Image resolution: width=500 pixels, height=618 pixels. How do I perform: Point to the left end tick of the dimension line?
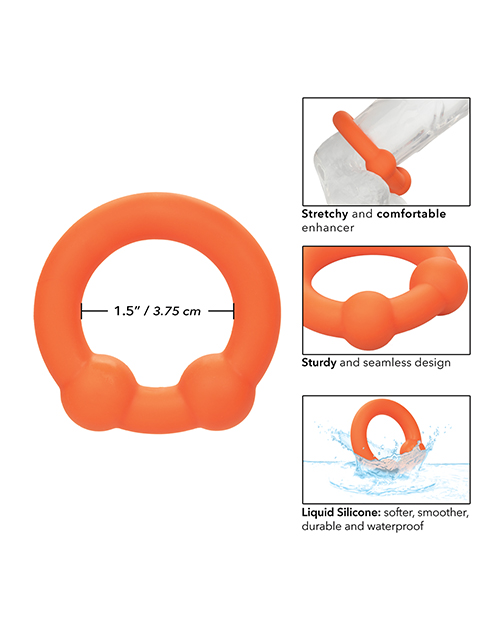[82, 311]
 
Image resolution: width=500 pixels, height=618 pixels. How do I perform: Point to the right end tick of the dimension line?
[233, 311]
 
